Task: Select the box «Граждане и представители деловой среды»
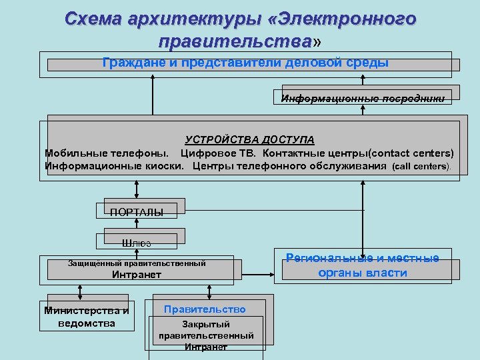pyautogui.click(x=245, y=64)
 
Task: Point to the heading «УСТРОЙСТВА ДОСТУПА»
pyautogui.click(x=249, y=139)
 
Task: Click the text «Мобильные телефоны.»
pyautogui.click(x=105, y=153)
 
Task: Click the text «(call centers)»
pyautogui.click(x=421, y=166)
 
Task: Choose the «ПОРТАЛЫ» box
pyautogui.click(x=137, y=212)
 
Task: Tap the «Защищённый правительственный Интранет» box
pyautogui.click(x=137, y=269)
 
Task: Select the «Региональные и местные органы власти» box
pyautogui.click(x=363, y=265)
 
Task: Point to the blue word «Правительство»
pyautogui.click(x=205, y=309)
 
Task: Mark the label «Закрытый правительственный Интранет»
pyautogui.click(x=206, y=335)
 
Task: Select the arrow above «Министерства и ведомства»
pyautogui.click(x=80, y=290)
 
